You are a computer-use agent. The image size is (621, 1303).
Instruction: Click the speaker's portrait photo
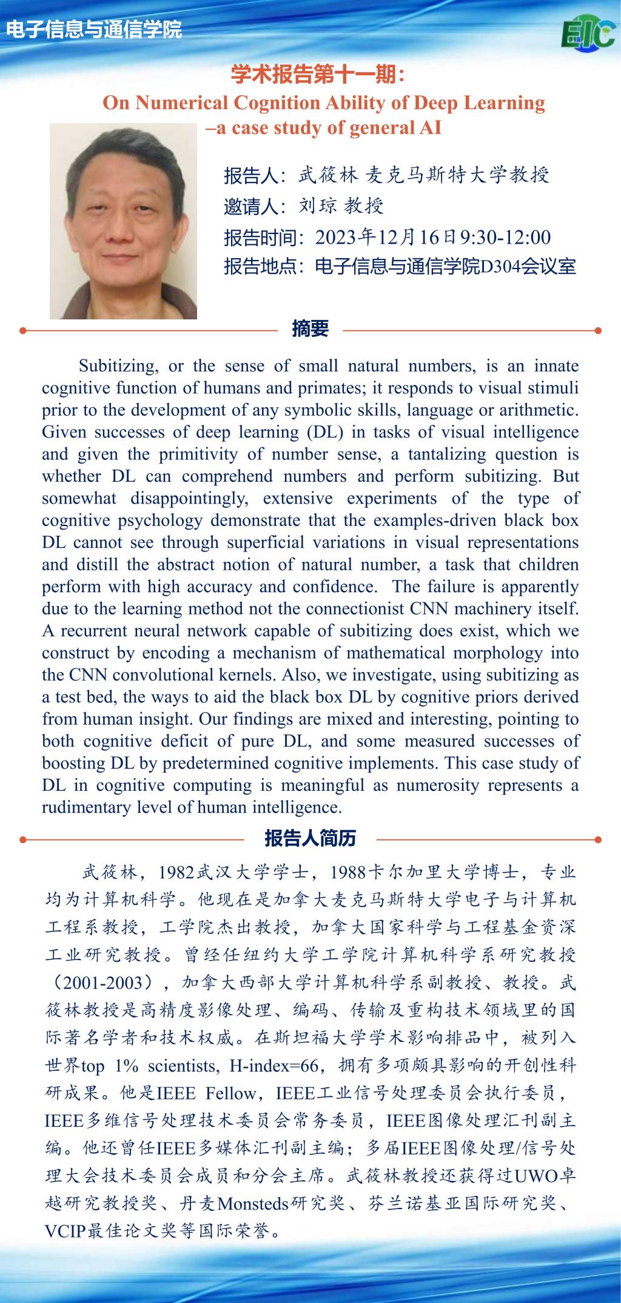[x=123, y=221]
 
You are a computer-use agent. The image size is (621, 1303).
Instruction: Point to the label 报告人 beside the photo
[x=250, y=176]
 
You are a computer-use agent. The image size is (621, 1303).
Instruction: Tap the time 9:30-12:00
[x=506, y=237]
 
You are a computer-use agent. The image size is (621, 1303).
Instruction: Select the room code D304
[x=500, y=267]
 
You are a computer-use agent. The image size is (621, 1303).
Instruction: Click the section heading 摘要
[x=310, y=328]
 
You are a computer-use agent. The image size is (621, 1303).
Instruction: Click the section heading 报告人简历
[x=310, y=838]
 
